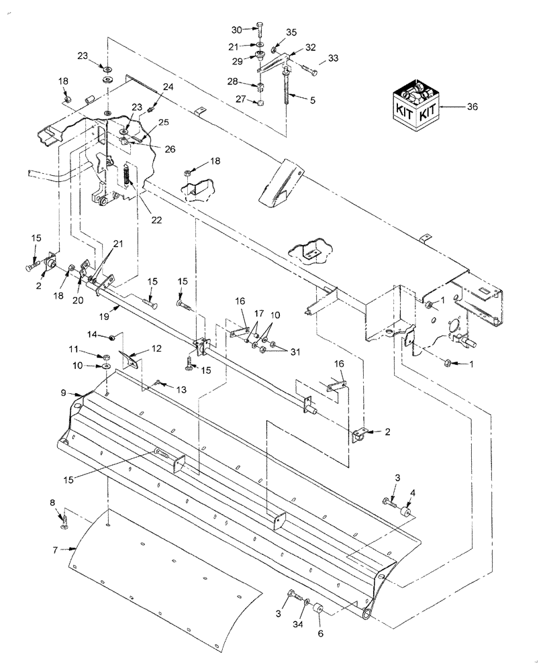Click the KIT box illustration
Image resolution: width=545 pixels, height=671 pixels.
point(416,105)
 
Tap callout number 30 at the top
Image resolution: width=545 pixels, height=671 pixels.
point(236,30)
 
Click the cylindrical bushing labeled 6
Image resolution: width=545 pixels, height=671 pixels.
point(319,612)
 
